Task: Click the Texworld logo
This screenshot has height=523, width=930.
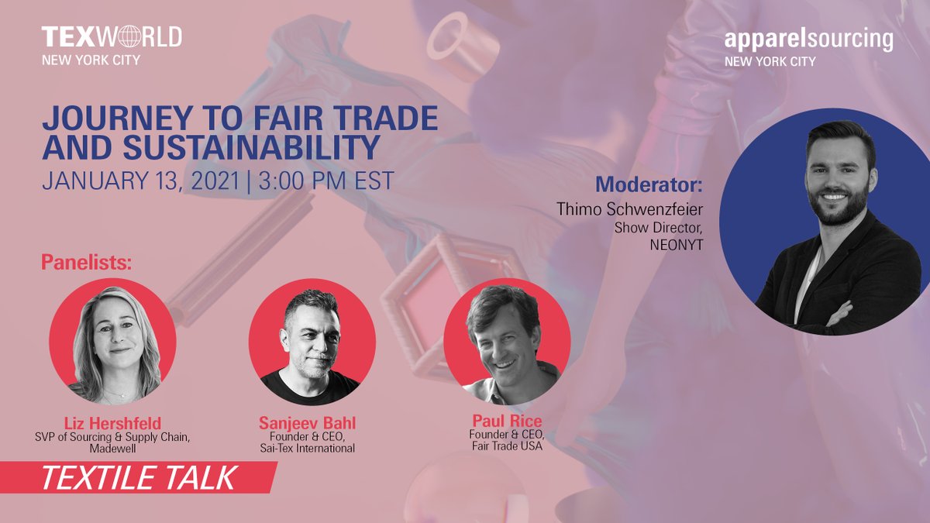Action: pyautogui.click(x=112, y=36)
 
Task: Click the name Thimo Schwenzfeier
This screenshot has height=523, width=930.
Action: pyautogui.click(x=629, y=209)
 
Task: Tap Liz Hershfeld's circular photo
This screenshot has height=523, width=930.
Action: pyautogui.click(x=112, y=342)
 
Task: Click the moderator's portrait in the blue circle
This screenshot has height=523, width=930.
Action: pyautogui.click(x=825, y=221)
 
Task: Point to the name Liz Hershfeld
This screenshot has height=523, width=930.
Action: pyautogui.click(x=113, y=423)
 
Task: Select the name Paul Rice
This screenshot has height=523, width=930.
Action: pyautogui.click(x=506, y=421)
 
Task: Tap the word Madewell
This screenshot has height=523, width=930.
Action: pyautogui.click(x=113, y=449)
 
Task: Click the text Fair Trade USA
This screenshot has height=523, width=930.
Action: pyautogui.click(x=506, y=446)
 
